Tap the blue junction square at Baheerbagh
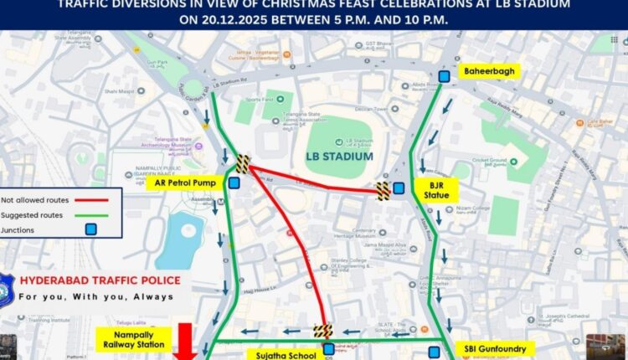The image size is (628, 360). click(444, 75)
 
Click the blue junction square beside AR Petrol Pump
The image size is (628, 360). click(234, 182)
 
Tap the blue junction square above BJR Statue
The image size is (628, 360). click(399, 188)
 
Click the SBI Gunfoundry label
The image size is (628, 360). click(498, 347)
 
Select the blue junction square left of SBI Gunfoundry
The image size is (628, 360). click(435, 352)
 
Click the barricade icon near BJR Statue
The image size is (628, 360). click(383, 192)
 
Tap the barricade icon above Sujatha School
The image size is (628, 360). click(322, 332)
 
